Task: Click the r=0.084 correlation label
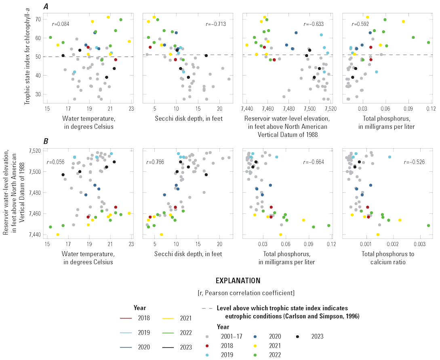click(60, 24)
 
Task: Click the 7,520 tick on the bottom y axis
click(36, 151)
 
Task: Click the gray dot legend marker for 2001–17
click(207, 336)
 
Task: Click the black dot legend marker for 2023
click(297, 336)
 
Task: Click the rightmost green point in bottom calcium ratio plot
click(428, 225)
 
